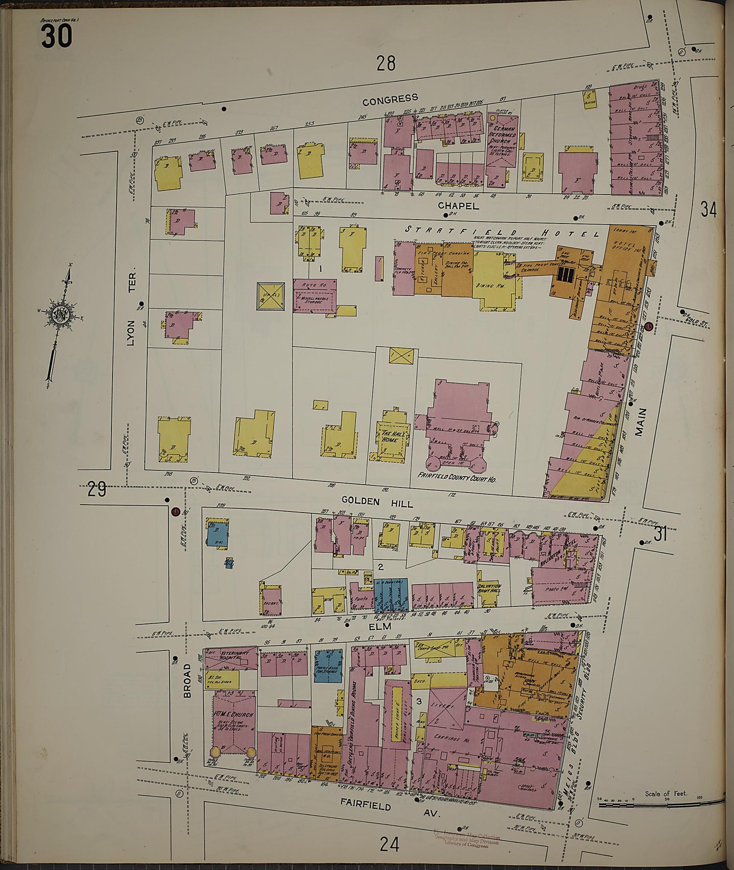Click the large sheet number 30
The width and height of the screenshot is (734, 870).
click(x=57, y=37)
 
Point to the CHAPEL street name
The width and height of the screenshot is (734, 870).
click(x=458, y=206)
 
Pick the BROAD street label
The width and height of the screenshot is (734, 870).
click(x=187, y=680)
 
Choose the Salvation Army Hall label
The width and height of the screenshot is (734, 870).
click(x=489, y=589)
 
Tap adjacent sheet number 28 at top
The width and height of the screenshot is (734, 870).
click(x=386, y=63)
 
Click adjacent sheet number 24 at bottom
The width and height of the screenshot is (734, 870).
click(x=390, y=845)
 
